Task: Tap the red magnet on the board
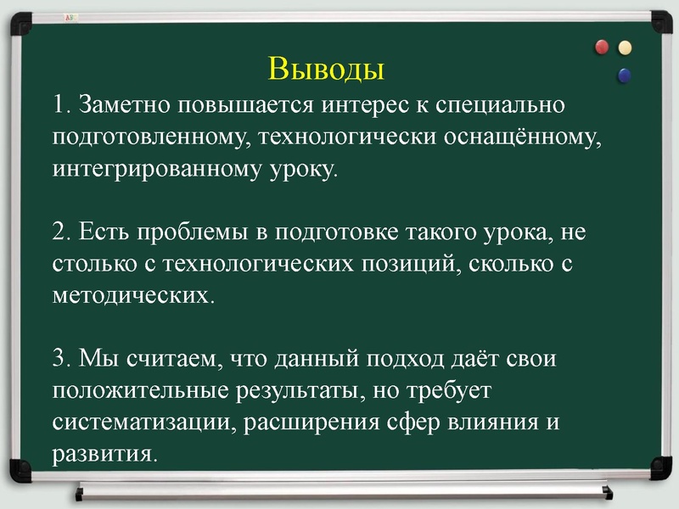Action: tap(603, 47)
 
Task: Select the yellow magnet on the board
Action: tap(626, 48)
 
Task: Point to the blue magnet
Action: tap(626, 76)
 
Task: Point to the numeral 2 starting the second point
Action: tap(59, 231)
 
